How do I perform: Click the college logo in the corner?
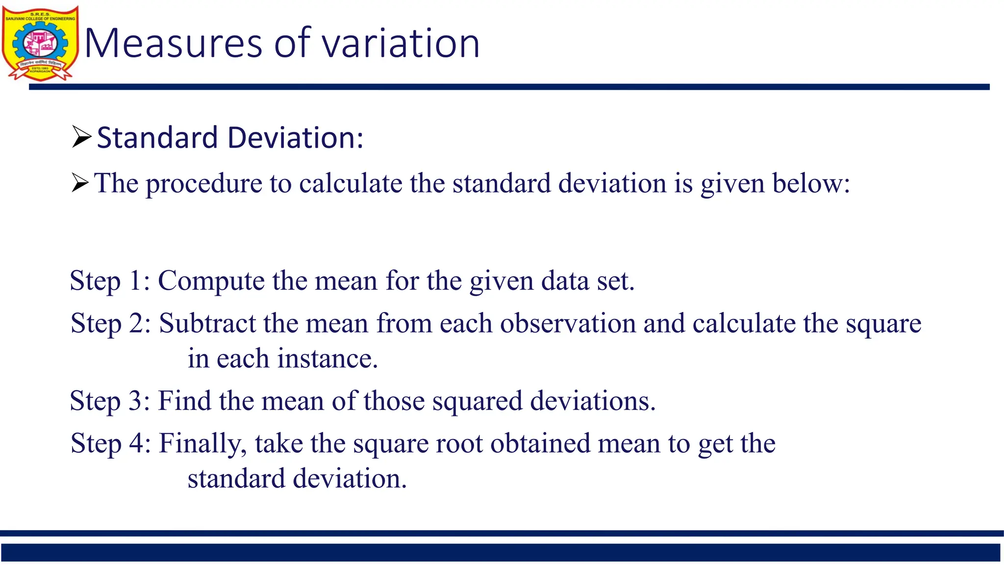[40, 43]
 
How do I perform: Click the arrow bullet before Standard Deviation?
[81, 137]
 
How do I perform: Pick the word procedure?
[203, 184]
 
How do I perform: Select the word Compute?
[211, 281]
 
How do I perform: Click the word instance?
[327, 359]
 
